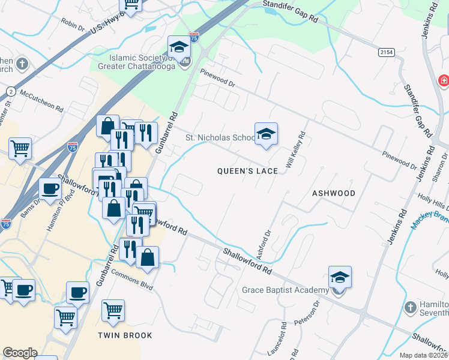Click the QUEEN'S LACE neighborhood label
247,171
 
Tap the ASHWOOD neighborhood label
334,193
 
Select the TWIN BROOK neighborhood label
126,335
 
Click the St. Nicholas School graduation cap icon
266,134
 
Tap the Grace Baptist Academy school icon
340,278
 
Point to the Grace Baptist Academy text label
285,290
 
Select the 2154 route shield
386,53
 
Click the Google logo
20,353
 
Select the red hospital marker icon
444,80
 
